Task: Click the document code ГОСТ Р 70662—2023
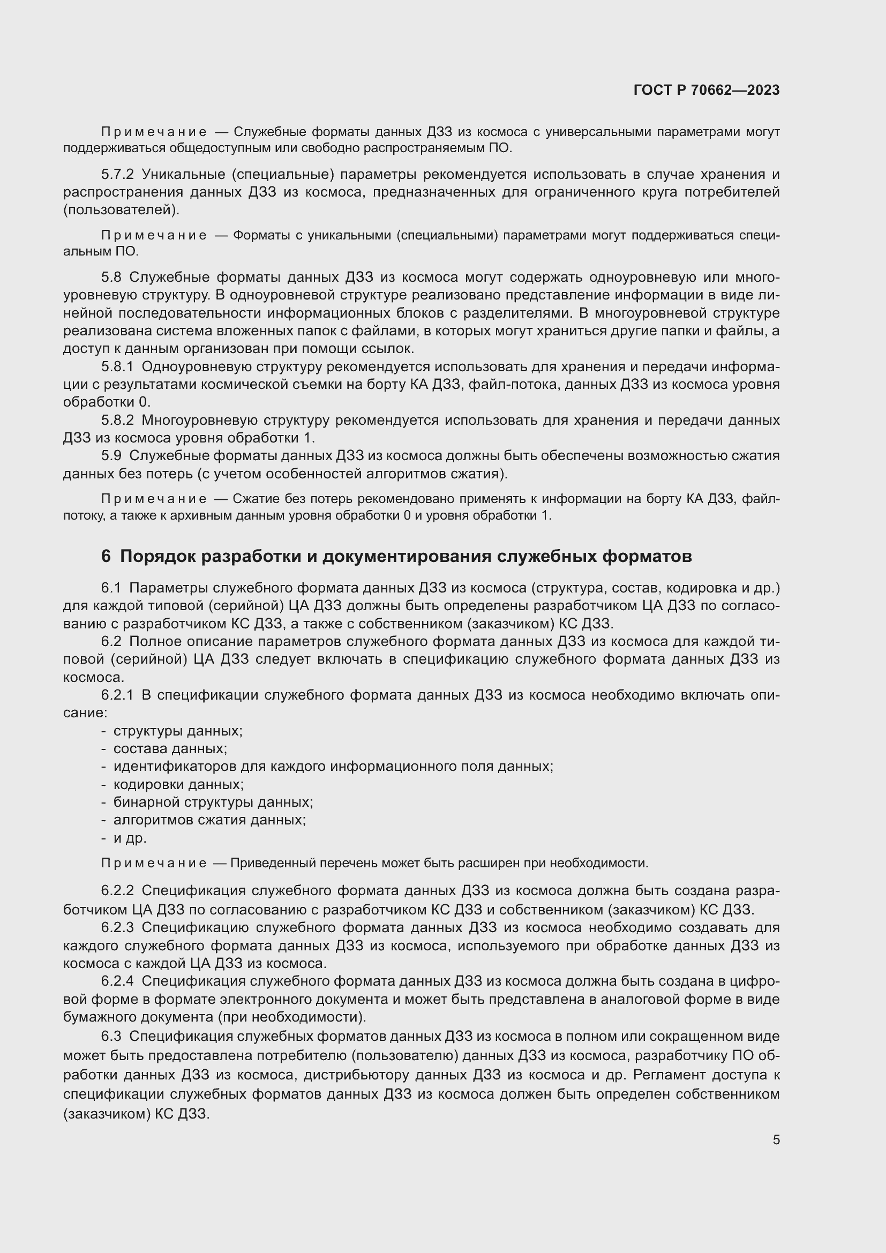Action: click(x=706, y=91)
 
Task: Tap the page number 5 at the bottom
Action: click(x=776, y=1139)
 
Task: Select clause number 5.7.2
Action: click(x=117, y=175)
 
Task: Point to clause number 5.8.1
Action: click(x=117, y=367)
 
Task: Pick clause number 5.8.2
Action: click(x=117, y=420)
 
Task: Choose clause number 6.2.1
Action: click(x=117, y=695)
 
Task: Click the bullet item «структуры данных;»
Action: click(x=178, y=731)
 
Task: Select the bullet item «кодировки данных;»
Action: click(x=178, y=785)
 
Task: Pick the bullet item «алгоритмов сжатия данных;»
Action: click(x=209, y=820)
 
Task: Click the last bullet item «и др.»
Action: click(x=130, y=838)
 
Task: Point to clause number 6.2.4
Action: click(x=117, y=981)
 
